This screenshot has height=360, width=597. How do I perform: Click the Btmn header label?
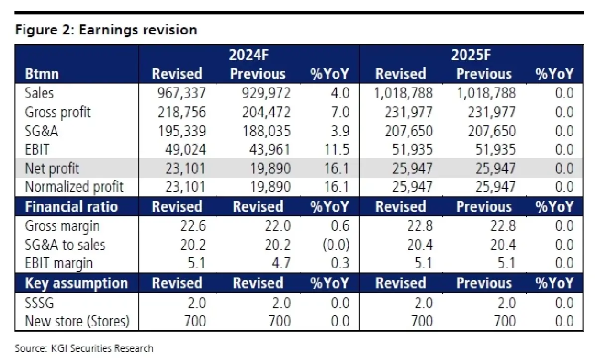(x=42, y=74)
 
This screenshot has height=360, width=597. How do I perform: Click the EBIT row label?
(x=36, y=150)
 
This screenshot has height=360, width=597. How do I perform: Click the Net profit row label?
(x=52, y=169)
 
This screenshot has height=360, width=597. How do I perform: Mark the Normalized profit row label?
(x=74, y=187)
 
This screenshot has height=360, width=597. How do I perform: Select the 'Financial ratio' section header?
(x=71, y=207)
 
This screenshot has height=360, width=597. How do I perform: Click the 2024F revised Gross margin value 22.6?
(x=192, y=226)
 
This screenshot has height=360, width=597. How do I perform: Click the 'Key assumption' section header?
(x=76, y=283)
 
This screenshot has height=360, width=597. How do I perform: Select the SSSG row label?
(x=39, y=302)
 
